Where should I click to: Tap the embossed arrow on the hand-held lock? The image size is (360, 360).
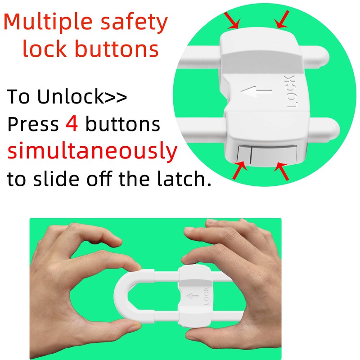click(192, 297)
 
